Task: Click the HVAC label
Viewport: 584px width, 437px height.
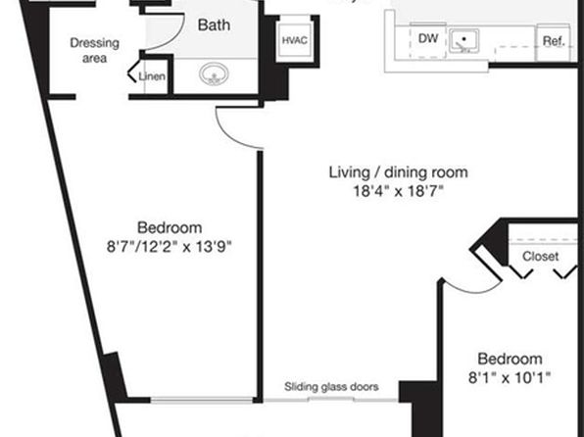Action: (294, 40)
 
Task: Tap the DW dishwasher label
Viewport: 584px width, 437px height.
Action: (428, 38)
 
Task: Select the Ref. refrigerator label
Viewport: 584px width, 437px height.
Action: (554, 41)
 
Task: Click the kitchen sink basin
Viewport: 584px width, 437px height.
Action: (463, 40)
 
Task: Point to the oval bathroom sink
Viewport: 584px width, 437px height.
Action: (214, 73)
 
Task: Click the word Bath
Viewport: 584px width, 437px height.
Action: (214, 25)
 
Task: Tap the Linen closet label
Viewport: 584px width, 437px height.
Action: (152, 76)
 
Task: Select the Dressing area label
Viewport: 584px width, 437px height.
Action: (95, 50)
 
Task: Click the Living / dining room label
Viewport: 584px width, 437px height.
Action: (398, 172)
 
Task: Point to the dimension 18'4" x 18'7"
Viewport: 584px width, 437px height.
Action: (398, 191)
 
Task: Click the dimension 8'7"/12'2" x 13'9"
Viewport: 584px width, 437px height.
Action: (170, 247)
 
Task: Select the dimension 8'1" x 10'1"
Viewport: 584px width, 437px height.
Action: (510, 378)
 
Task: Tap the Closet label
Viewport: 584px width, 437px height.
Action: (540, 257)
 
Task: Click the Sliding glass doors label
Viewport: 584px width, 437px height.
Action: (331, 387)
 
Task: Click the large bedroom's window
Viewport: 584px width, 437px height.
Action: (202, 400)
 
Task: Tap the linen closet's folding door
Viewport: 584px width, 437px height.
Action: (133, 71)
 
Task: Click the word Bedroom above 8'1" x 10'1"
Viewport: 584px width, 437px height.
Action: (510, 359)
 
